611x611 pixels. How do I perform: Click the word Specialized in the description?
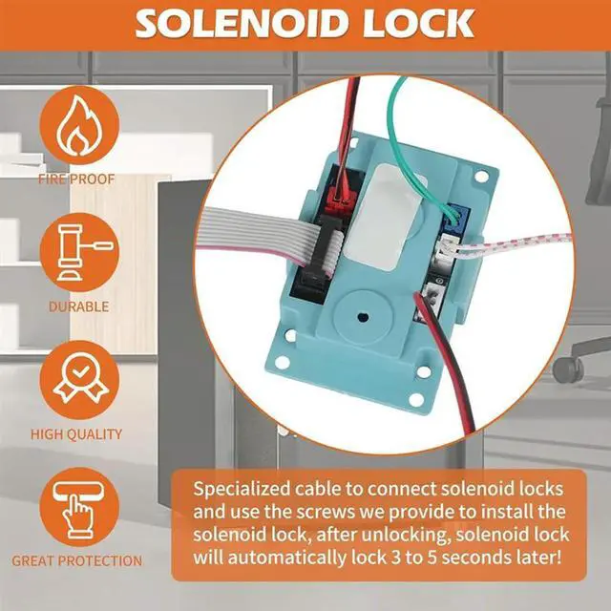coord(251,489)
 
